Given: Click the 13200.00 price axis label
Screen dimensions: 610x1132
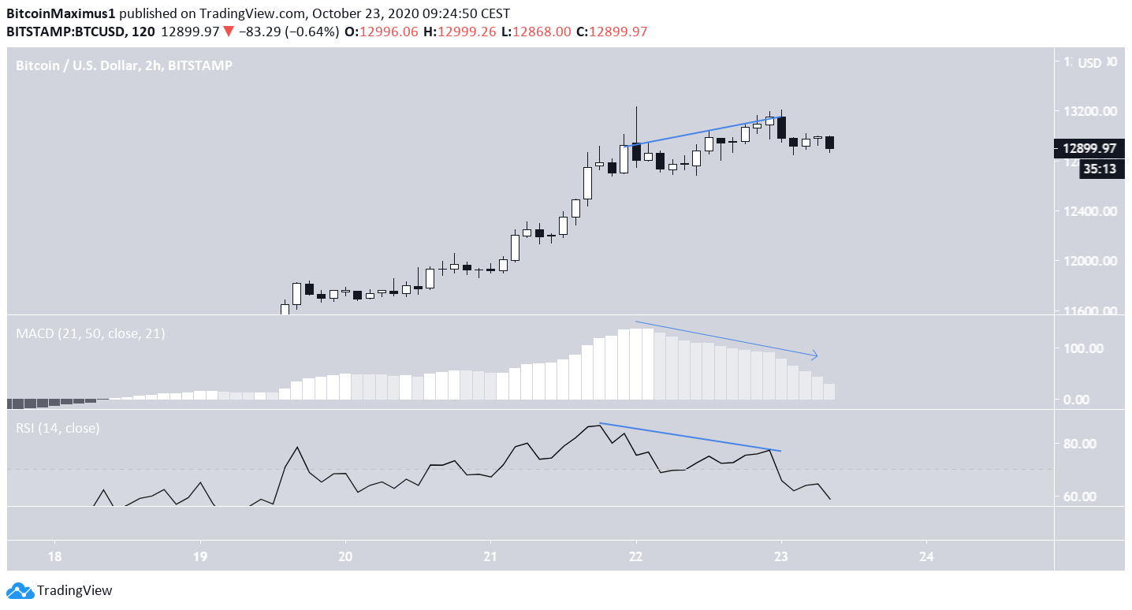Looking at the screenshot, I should click(x=1089, y=112).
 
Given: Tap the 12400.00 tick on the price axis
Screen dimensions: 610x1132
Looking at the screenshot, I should click(x=1089, y=211).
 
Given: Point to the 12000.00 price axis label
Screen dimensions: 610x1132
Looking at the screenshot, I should click(x=1089, y=261).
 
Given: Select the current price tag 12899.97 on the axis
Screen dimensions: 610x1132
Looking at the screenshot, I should click(x=1089, y=148).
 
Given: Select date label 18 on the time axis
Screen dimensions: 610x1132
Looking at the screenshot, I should click(x=54, y=555).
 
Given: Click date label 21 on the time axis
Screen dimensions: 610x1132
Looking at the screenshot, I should click(x=490, y=555).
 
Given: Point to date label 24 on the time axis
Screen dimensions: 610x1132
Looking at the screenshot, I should click(x=926, y=555).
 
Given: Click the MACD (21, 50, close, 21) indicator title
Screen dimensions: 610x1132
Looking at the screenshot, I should click(x=91, y=333).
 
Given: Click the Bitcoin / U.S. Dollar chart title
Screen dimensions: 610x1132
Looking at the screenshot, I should click(x=124, y=66).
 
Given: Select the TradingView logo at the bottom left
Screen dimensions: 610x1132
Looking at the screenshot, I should click(x=60, y=590).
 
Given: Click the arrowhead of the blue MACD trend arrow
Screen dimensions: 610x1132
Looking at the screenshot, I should click(x=815, y=356).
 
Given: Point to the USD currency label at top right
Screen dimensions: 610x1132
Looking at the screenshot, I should click(x=1089, y=63).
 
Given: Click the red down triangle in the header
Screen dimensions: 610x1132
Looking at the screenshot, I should click(x=227, y=32).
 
